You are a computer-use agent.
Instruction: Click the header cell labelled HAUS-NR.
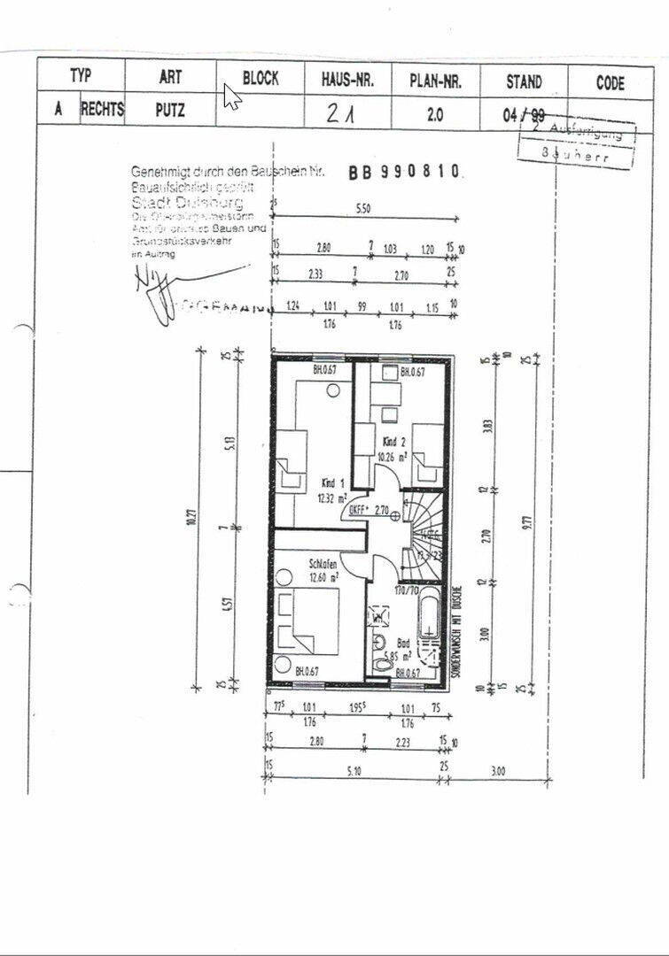[348, 80]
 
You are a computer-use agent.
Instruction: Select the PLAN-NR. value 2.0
[435, 114]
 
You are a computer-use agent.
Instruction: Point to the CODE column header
[611, 83]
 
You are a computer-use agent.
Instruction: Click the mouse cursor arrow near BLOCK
[231, 96]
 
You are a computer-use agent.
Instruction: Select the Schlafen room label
[322, 563]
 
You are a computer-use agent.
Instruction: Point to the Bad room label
[404, 644]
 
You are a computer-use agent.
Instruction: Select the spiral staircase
[422, 531]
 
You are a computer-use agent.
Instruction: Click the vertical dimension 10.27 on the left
[189, 526]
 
